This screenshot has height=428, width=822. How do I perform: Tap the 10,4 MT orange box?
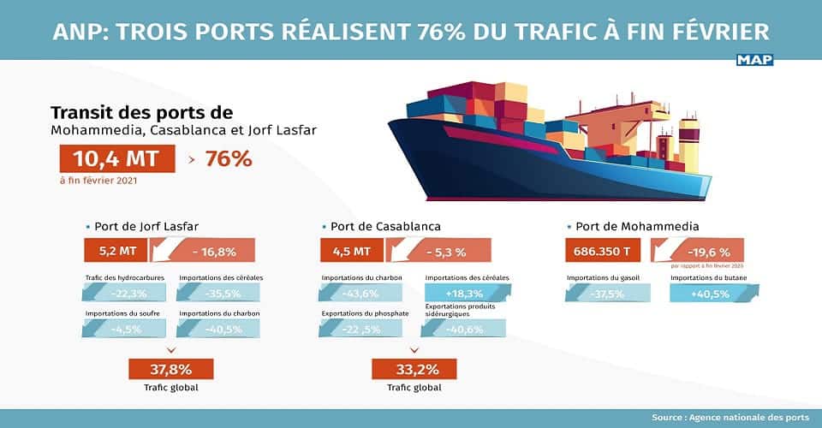point(116,159)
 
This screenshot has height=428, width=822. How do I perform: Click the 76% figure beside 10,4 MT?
point(229,159)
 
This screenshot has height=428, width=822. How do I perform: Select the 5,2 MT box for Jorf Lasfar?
point(116,251)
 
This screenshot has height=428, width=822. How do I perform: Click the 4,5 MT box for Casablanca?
point(351,251)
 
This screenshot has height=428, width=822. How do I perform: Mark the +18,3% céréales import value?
point(467,294)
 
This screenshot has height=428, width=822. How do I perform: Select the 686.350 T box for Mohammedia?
point(605,251)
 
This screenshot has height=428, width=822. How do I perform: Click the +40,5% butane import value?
point(712,294)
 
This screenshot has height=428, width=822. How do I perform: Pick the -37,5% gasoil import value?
point(607,294)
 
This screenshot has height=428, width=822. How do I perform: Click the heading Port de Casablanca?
point(385,227)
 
